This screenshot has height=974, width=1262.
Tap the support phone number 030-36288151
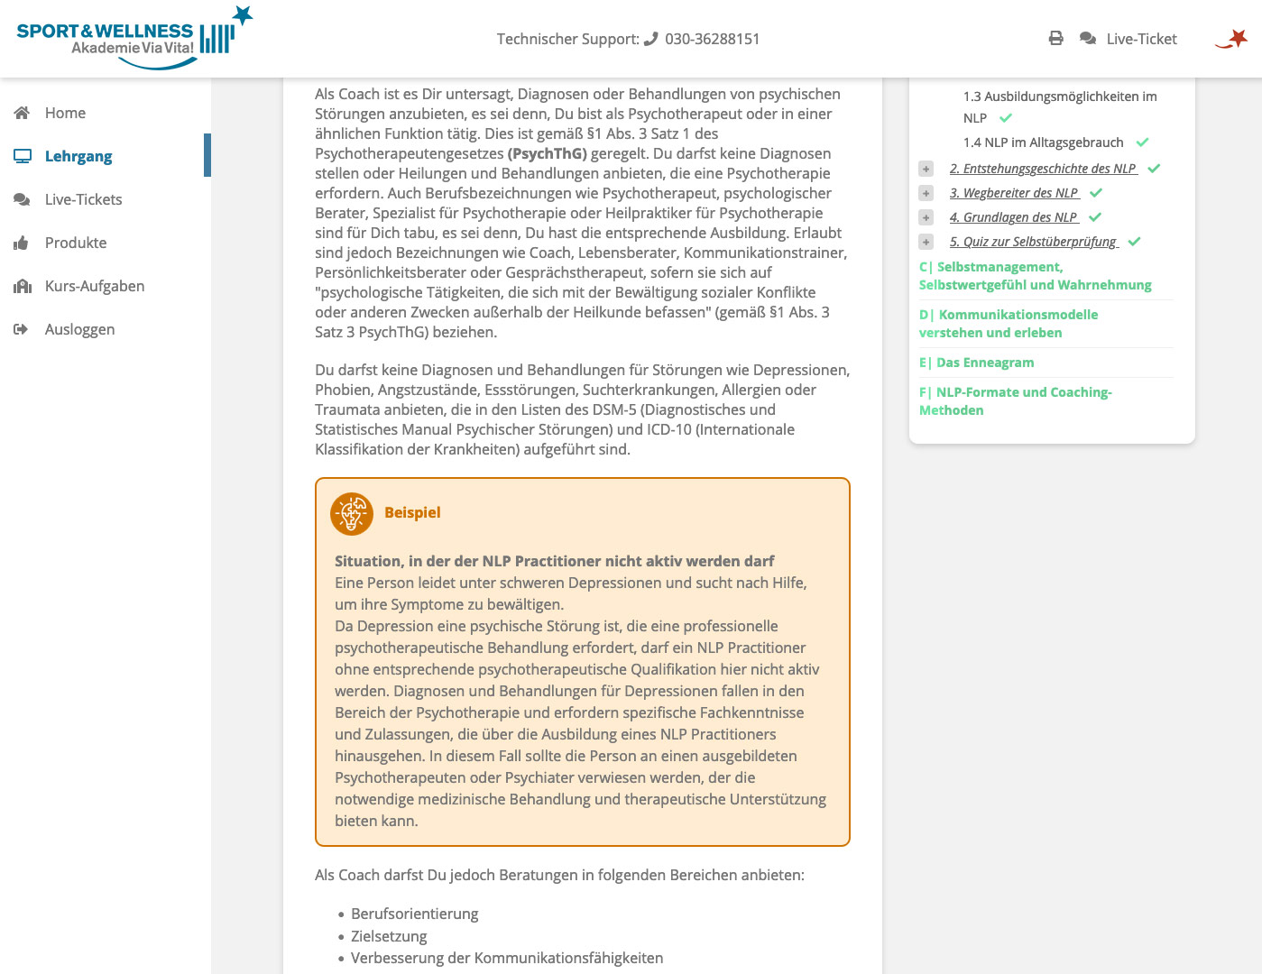pos(712,39)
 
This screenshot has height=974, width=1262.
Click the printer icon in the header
pos(1055,38)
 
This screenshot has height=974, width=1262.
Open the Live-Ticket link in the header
pos(1140,39)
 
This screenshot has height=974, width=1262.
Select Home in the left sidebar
pos(65,113)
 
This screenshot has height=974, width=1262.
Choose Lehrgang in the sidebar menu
pos(78,156)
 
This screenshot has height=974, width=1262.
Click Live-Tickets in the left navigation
pos(83,199)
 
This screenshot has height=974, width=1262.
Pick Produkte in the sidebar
pos(76,243)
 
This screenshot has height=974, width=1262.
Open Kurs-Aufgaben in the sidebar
pos(95,286)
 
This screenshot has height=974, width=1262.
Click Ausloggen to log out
pos(79,329)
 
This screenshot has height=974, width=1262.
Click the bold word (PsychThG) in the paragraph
pos(548,153)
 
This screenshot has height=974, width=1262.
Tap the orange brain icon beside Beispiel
pos(352,514)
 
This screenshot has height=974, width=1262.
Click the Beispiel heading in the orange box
pos(412,512)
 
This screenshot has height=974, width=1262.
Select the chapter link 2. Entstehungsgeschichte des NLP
pos(1043,169)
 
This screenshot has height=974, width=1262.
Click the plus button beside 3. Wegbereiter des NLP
pos(926,193)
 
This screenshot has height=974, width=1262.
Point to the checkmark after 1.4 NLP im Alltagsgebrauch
pos(1142,142)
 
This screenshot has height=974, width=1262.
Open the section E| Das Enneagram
pos(977,363)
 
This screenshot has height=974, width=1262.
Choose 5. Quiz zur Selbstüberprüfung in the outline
pos(1034,242)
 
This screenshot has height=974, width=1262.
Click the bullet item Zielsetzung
pos(389,936)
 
